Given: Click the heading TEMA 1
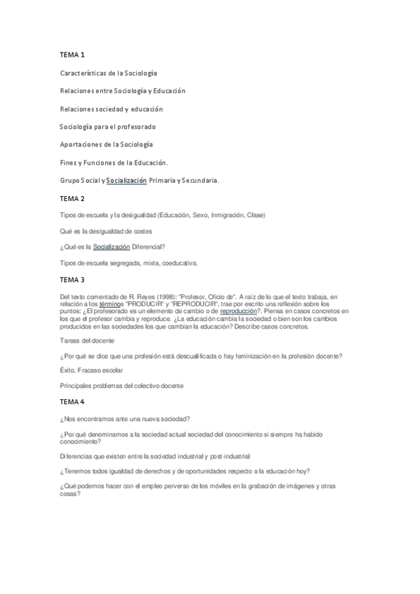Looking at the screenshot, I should [73, 54].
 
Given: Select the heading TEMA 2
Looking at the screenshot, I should [73, 198].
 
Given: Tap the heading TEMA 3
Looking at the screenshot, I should [73, 279].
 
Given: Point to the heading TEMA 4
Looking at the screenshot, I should [73, 401].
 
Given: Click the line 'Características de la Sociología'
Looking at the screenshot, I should [109, 72].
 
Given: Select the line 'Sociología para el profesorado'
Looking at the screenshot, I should [107, 126].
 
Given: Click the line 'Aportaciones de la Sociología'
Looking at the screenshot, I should [106, 144].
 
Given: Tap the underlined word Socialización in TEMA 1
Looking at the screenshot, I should [126, 180].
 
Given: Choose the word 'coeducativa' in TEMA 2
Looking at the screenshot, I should [178, 263].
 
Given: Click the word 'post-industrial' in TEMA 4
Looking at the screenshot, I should [226, 455].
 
